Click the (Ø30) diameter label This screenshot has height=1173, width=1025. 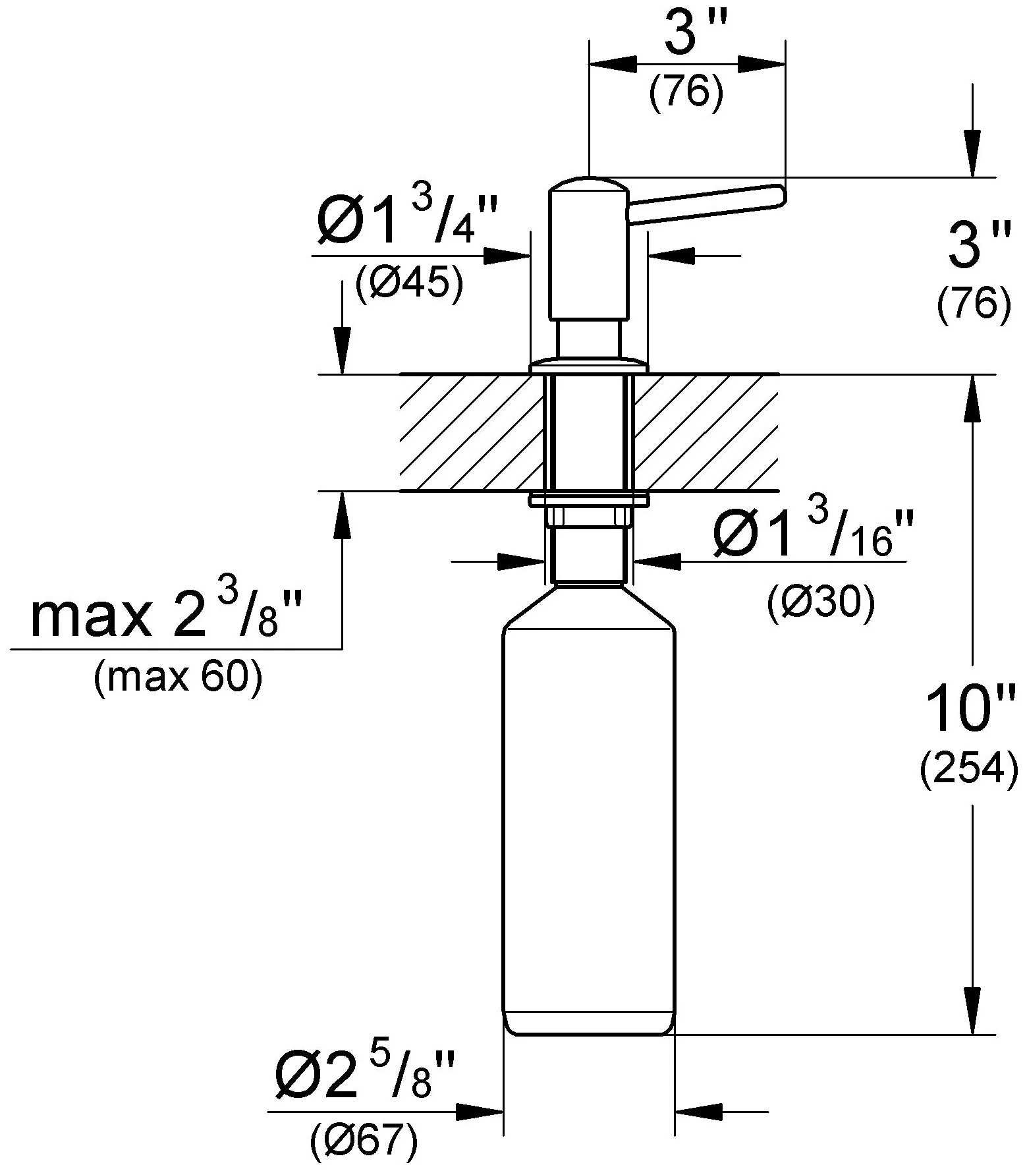coord(821,602)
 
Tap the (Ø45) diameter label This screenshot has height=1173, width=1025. coord(410,285)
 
